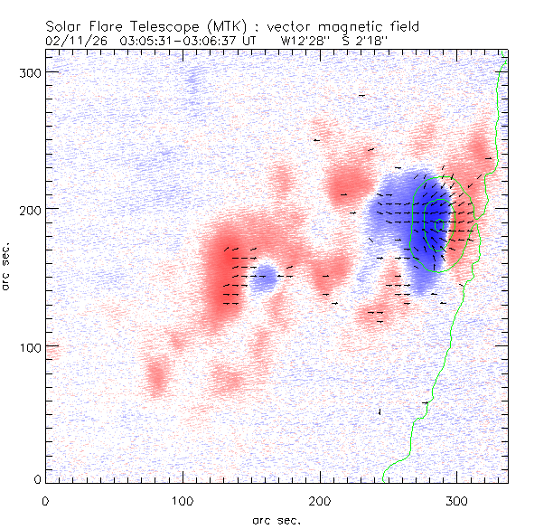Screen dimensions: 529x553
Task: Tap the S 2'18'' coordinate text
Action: tap(363, 41)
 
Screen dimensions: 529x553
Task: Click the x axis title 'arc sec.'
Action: tap(276, 520)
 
